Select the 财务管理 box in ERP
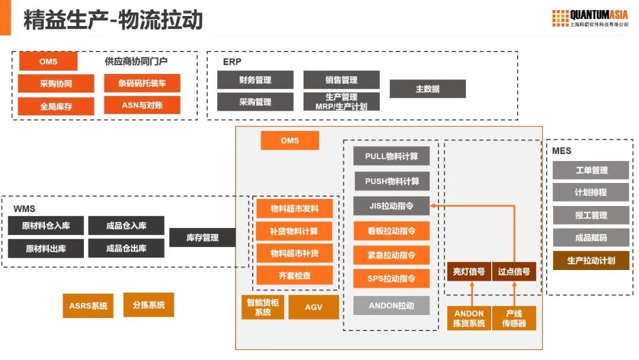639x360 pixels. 255,80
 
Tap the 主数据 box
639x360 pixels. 427,89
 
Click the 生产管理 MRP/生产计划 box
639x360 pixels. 341,101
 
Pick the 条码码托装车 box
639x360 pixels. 142,83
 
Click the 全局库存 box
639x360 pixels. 56,107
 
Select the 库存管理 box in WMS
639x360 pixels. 202,237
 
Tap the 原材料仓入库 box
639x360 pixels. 46,226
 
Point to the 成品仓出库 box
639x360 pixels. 126,248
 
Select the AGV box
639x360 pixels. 314,307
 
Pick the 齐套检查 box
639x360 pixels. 294,275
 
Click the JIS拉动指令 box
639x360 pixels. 391,206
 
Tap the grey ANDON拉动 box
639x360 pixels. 391,306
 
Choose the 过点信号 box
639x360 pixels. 514,272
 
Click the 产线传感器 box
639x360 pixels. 514,318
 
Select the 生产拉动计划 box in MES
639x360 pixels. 590,260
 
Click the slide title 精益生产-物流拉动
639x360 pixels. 113,20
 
